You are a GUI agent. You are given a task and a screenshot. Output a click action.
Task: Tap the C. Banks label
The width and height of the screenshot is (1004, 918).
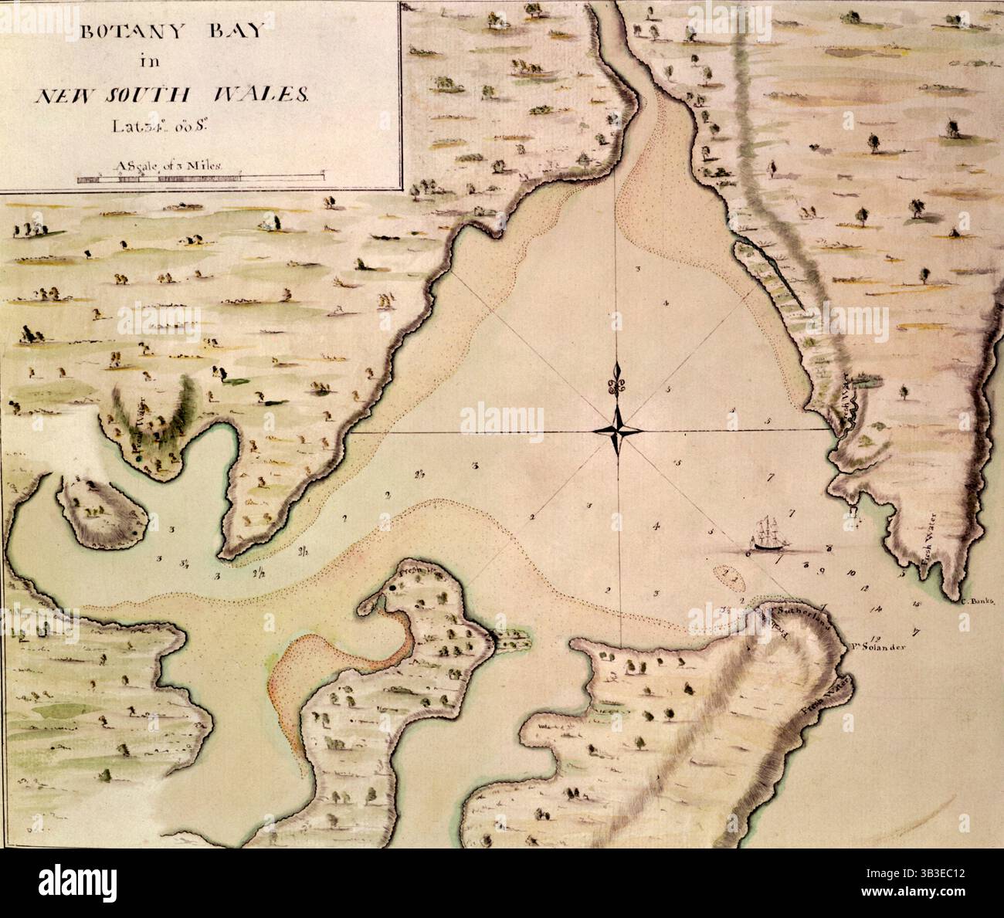pos(979,600)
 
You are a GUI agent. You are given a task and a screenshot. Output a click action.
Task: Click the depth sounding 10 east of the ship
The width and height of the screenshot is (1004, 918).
pos(851,574)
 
